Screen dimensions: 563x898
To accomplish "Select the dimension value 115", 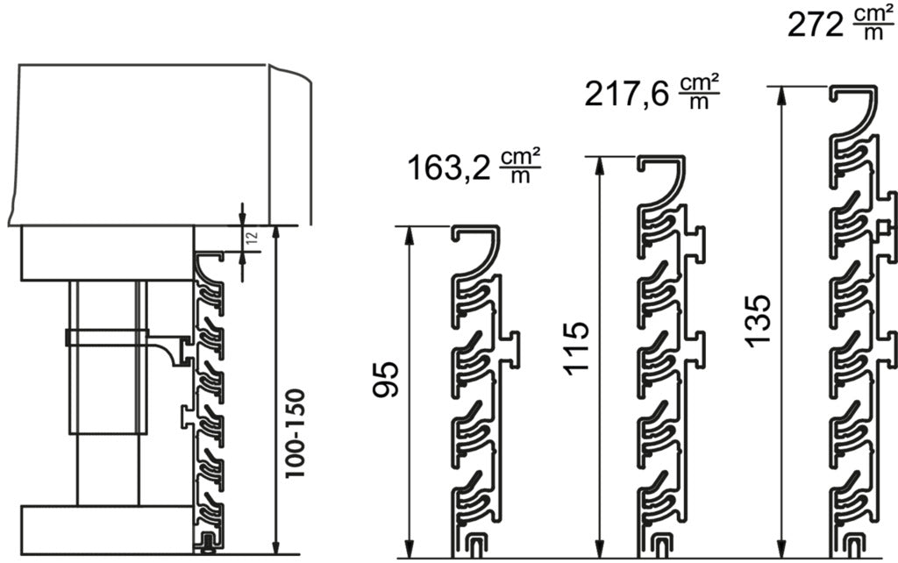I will [577, 348].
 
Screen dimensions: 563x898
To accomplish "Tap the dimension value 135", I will [759, 319].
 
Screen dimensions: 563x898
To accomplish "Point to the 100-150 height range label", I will [298, 433].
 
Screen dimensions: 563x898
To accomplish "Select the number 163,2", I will [448, 166].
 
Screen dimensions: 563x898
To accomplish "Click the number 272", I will [815, 25].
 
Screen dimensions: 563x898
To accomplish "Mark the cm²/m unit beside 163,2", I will [520, 166].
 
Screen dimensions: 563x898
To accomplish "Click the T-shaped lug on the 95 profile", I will [511, 346].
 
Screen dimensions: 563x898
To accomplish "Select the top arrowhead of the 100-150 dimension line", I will [276, 232].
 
